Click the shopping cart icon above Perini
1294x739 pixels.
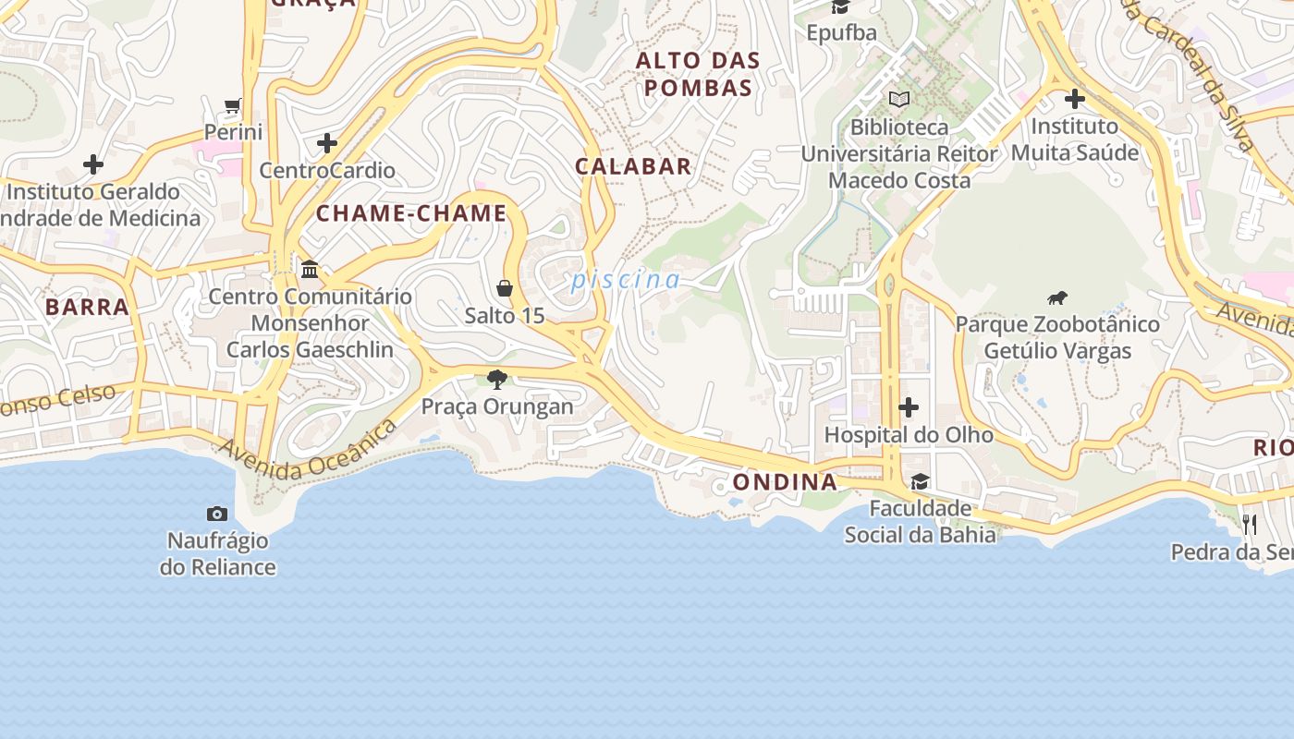click(233, 106)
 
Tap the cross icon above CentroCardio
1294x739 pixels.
click(326, 143)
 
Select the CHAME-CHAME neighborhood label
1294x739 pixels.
click(411, 213)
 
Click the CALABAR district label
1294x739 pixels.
click(633, 166)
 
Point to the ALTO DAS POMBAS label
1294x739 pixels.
click(699, 75)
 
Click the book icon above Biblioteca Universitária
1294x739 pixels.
click(898, 99)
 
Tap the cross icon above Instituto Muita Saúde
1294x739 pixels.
click(1074, 98)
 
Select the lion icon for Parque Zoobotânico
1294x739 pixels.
click(1057, 297)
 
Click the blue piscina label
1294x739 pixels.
click(626, 279)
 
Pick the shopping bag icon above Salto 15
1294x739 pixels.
click(505, 288)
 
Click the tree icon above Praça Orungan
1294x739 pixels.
click(497, 379)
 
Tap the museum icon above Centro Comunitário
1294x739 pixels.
click(310, 269)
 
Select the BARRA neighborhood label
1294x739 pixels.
click(87, 307)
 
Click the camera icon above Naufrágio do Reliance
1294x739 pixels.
click(217, 514)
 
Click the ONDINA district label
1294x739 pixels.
click(785, 481)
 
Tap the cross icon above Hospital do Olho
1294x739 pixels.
click(909, 406)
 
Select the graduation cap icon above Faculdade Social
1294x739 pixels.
click(920, 481)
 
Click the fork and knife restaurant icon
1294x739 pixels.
click(1250, 525)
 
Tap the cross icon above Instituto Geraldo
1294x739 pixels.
click(93, 164)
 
